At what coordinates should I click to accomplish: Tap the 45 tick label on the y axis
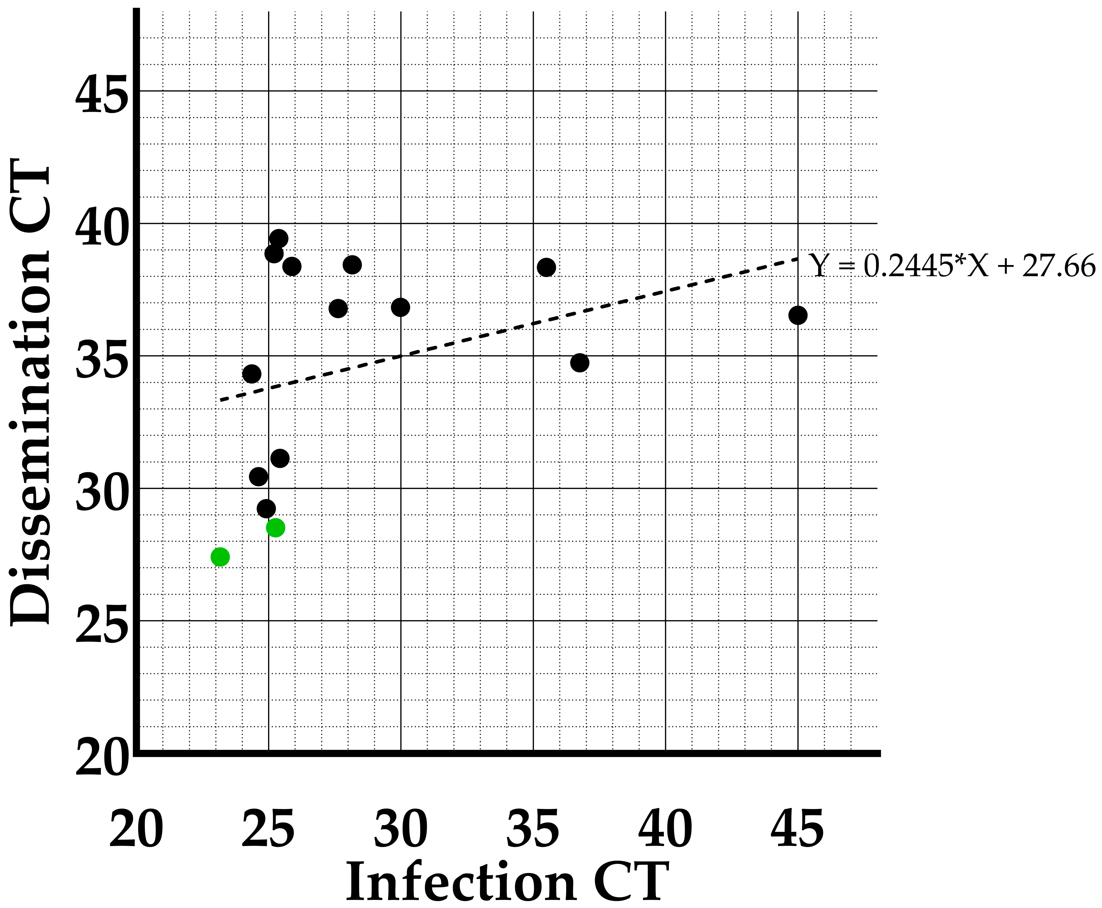tap(101, 94)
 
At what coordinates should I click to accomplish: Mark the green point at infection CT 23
tap(220, 557)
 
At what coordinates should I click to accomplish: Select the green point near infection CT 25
tap(275, 528)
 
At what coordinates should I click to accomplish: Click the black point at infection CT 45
tap(797, 315)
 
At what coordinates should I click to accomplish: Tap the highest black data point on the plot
tap(278, 239)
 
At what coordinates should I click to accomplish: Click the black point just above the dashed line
tap(252, 374)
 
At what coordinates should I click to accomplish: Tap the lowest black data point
tap(266, 508)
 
